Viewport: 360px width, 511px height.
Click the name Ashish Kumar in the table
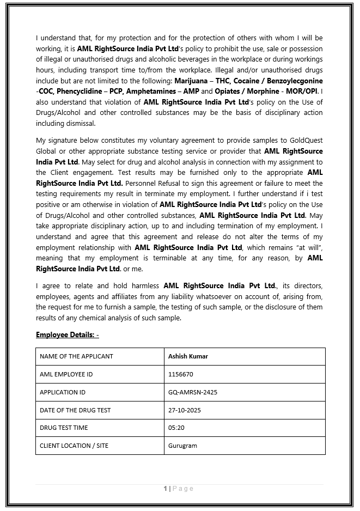tap(188, 356)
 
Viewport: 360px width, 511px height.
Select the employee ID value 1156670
tap(181, 374)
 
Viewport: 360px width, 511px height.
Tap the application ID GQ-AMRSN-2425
tap(193, 392)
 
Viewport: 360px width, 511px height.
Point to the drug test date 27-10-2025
tap(185, 410)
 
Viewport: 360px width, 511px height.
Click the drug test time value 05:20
tap(176, 428)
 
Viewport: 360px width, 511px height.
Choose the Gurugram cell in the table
tap(182, 446)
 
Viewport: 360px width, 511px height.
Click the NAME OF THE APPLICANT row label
tap(76, 356)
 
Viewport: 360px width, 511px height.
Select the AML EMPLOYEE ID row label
tap(66, 374)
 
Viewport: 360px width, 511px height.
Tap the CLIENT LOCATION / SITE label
tap(74, 446)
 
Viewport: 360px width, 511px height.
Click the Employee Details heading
tap(68, 334)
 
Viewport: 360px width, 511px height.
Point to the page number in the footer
tap(165, 489)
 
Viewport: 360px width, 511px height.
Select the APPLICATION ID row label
tap(63, 392)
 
